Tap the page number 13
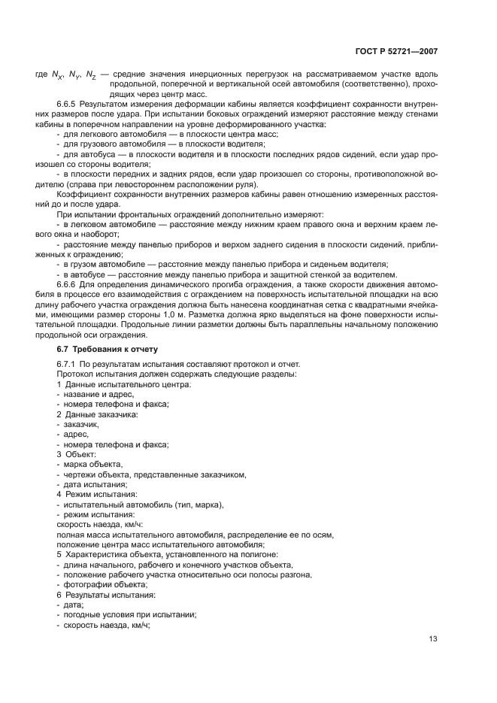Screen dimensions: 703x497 point(432,639)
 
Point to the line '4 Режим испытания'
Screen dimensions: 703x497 point(96,494)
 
